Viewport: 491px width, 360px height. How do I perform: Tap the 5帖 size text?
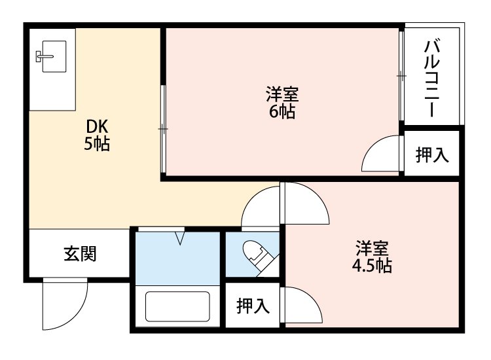pyautogui.click(x=96, y=145)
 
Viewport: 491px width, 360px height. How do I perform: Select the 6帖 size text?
pyautogui.click(x=282, y=112)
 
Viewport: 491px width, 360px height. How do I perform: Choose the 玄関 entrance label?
pyautogui.click(x=80, y=253)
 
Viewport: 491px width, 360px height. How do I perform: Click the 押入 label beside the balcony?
pyautogui.click(x=432, y=155)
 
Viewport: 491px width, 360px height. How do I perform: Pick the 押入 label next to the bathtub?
pyautogui.click(x=253, y=306)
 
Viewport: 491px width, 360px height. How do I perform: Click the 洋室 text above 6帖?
pyautogui.click(x=282, y=94)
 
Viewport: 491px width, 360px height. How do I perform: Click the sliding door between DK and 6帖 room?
pyautogui.click(x=163, y=129)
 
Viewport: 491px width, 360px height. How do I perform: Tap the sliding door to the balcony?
pyautogui.click(x=401, y=77)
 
